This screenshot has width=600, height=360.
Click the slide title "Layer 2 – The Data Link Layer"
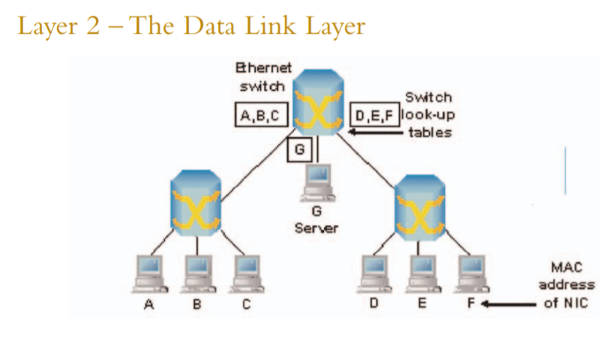[x=191, y=28]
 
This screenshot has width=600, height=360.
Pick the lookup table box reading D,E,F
[x=374, y=115]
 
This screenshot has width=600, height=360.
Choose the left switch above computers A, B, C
[x=196, y=202]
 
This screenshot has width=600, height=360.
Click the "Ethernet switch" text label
[x=263, y=76]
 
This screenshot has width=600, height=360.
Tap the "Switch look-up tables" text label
[x=428, y=115]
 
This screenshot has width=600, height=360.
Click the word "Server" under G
[x=316, y=227]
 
